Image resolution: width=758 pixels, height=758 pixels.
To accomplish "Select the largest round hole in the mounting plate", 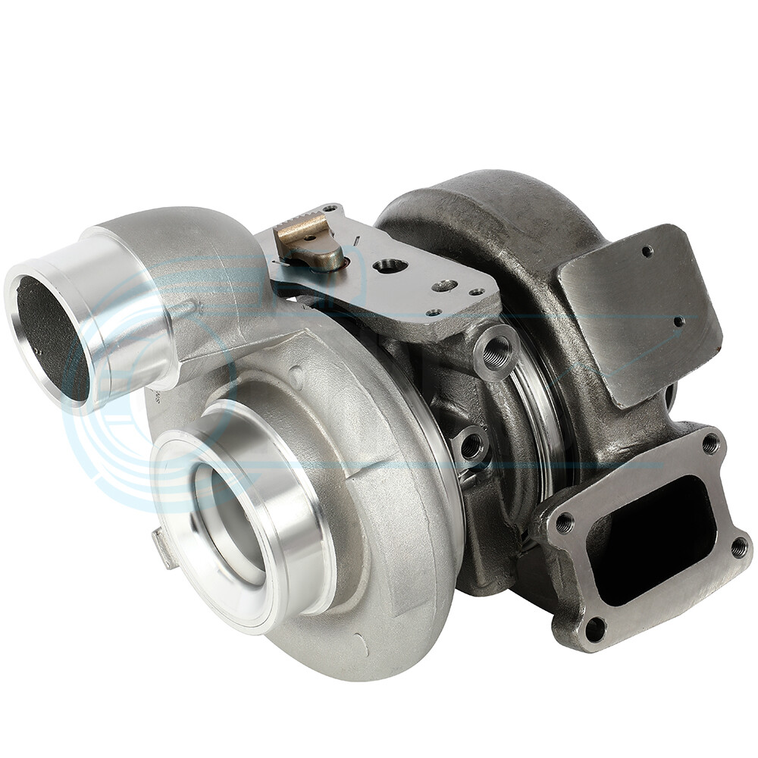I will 390,266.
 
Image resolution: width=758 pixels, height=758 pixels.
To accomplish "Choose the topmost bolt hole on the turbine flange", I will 710,444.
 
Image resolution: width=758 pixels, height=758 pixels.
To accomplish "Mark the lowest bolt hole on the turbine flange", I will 596,628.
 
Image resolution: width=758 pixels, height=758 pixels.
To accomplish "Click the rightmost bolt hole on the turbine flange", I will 738,547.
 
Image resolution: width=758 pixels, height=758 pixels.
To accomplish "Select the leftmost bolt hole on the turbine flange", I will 565,523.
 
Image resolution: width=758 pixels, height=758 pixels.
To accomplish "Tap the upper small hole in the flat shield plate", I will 647,251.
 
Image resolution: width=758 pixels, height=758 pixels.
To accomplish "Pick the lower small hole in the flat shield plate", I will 678,321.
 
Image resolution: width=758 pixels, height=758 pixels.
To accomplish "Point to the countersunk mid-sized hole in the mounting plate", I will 444,286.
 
